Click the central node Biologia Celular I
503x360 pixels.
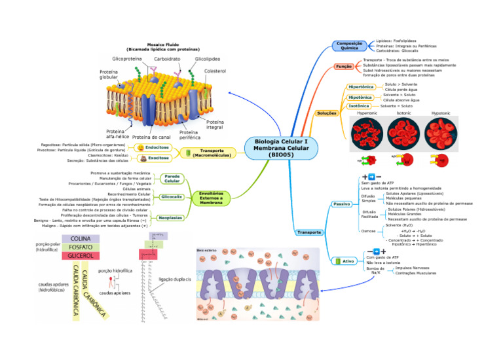point(280,148)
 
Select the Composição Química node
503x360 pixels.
point(350,45)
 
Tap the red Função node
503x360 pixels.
point(344,67)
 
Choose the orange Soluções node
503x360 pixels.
point(327,113)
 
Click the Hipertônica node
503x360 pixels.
point(361,87)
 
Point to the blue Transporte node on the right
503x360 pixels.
point(309,232)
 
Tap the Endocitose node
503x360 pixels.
point(157,148)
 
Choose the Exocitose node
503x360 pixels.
point(158,158)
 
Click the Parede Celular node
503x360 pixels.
point(172,178)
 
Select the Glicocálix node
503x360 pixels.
point(172,196)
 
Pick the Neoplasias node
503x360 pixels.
point(170,217)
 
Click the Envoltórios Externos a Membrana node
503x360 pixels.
point(211,198)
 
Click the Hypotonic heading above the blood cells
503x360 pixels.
point(440,113)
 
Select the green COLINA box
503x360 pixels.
point(81,238)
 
